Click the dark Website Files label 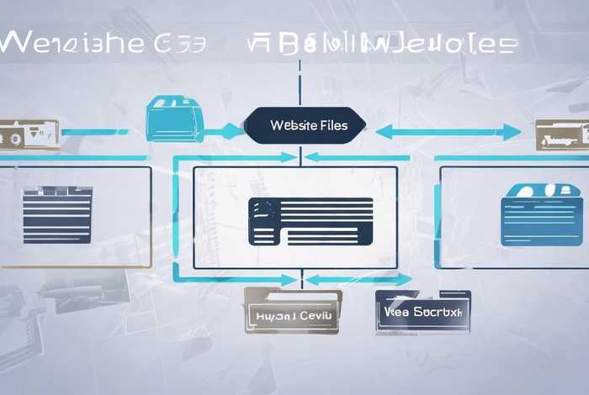305,126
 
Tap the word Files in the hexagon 327,126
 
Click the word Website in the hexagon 289,126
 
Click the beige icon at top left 29,133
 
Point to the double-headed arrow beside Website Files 448,132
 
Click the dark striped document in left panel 57,215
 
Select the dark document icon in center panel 310,221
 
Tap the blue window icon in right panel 541,216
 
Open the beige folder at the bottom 293,311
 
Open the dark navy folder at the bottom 422,310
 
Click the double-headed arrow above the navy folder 358,279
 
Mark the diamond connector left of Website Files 231,131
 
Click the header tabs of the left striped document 57,192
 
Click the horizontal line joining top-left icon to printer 94,132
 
